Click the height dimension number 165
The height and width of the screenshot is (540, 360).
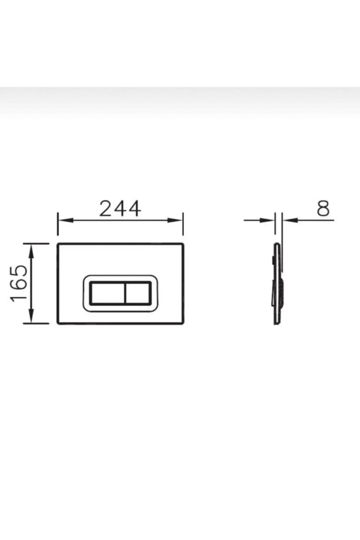(x=19, y=283)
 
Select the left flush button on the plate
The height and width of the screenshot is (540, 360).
(x=107, y=293)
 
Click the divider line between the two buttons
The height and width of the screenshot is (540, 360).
(x=124, y=293)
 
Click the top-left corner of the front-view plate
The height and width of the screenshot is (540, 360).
(x=58, y=244)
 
